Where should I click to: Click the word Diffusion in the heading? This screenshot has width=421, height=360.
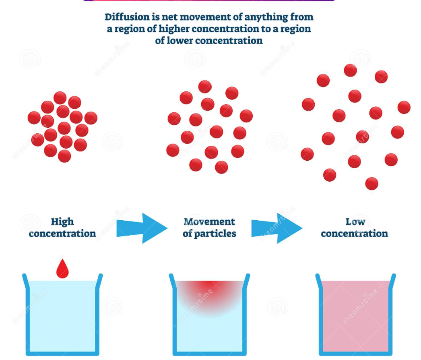(123, 17)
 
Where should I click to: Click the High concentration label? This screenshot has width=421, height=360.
(62, 228)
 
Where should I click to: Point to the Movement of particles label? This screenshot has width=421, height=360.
(209, 228)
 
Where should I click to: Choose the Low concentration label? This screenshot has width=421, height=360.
(354, 228)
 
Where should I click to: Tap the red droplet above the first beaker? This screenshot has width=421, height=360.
(62, 269)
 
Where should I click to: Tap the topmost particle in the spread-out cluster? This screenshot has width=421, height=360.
(350, 70)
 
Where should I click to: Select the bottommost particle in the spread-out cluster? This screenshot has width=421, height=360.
(371, 184)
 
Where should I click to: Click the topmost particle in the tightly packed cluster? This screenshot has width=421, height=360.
(60, 98)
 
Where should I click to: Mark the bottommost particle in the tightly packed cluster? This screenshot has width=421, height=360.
(64, 156)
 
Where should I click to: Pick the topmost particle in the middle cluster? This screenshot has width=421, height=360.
(205, 87)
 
